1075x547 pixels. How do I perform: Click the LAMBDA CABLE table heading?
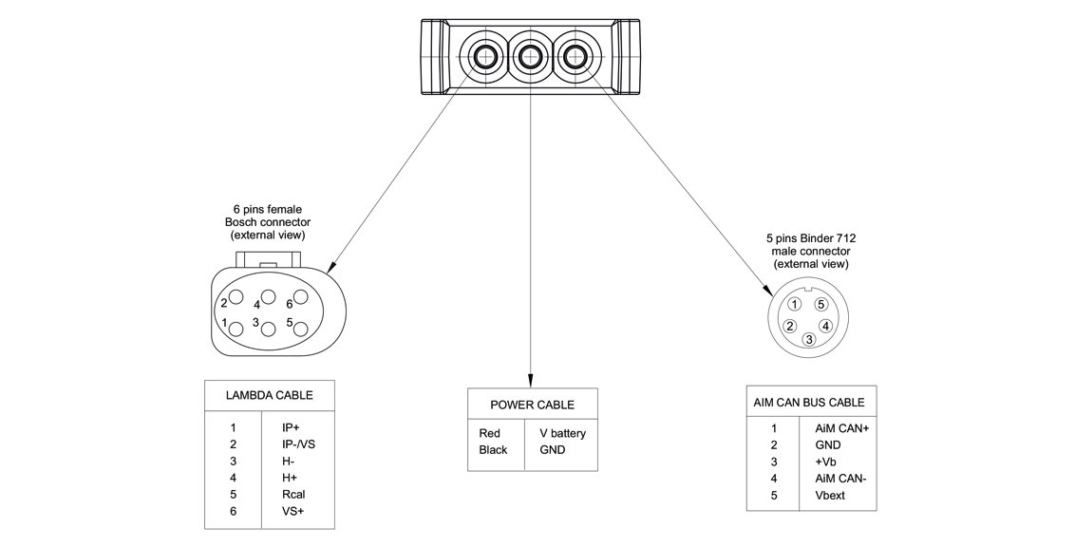click(x=269, y=395)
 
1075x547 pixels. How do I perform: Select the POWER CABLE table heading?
click(x=532, y=405)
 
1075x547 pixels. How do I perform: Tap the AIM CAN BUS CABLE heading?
click(x=808, y=403)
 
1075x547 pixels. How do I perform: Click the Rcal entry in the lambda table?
click(x=293, y=495)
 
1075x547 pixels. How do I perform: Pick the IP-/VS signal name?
click(x=298, y=444)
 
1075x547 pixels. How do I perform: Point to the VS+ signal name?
click(x=293, y=512)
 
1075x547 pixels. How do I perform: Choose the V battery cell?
click(x=562, y=433)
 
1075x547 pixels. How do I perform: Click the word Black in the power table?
click(x=493, y=449)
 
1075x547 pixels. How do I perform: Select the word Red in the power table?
click(x=489, y=433)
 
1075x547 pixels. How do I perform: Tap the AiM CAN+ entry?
click(x=841, y=428)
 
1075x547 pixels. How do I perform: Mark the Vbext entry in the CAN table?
click(x=829, y=496)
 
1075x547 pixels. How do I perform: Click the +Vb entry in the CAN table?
click(x=825, y=462)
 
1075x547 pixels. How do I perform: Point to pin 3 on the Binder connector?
click(x=809, y=339)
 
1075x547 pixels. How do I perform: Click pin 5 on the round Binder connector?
click(x=821, y=305)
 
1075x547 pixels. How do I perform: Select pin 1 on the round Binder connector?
click(x=796, y=305)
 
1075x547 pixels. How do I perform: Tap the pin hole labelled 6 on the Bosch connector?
click(x=301, y=296)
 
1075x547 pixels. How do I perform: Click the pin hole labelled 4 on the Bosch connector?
click(x=269, y=295)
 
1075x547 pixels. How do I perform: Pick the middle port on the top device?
click(x=530, y=57)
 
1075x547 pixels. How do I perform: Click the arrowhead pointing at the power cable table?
click(x=530, y=380)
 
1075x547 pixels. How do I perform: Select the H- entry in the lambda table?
click(x=288, y=462)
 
